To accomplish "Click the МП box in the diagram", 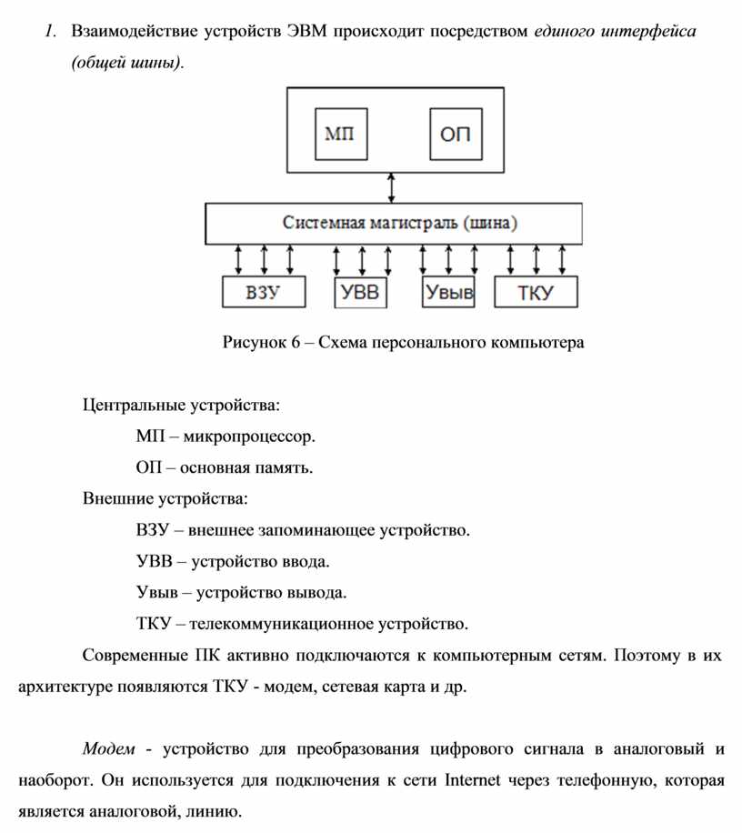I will click(339, 135).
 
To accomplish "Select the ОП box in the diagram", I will click(456, 135).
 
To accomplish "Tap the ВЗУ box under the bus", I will click(263, 293).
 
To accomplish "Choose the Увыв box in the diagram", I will click(447, 293).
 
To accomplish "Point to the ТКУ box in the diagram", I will click(536, 293).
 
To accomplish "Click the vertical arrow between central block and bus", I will click(392, 187).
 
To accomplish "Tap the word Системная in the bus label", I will click(323, 222).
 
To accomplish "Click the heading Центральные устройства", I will click(182, 404).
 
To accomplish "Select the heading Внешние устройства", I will click(165, 498).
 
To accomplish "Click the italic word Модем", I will click(109, 749).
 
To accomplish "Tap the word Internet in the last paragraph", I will click(473, 780).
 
